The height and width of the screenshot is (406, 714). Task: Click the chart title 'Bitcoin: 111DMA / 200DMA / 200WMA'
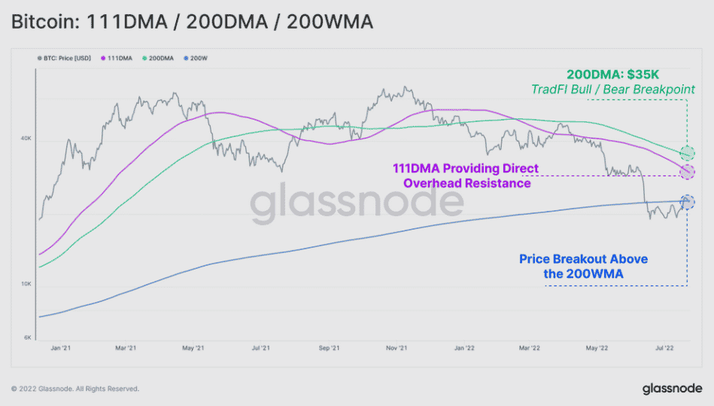click(192, 23)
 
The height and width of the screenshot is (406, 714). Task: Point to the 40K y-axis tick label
click(25, 139)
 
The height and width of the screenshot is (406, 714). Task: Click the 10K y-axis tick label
click(25, 284)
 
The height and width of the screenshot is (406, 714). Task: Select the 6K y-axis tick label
click(26, 337)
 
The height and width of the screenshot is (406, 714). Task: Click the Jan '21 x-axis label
click(59, 349)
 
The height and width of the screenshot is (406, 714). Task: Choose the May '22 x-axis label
click(597, 349)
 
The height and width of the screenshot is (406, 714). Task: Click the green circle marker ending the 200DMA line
click(687, 153)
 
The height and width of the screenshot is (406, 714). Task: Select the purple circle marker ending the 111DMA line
click(687, 172)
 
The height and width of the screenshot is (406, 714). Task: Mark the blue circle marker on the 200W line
click(687, 202)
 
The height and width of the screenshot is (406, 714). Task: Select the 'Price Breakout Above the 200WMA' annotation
click(583, 266)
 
